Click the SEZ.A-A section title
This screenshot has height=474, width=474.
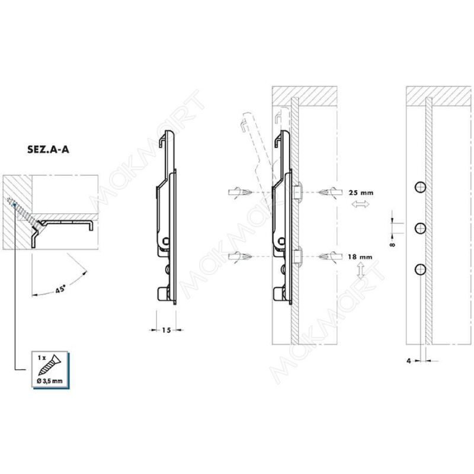tap(48, 149)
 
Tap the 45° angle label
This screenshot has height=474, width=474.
tap(60, 289)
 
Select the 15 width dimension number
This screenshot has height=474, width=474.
tap(166, 330)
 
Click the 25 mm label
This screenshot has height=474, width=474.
tap(361, 193)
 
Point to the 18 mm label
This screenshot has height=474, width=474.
tap(360, 257)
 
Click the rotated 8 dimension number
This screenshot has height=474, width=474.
tap(392, 244)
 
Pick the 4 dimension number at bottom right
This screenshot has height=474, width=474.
tap(409, 361)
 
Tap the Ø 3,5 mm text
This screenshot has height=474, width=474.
tap(50, 381)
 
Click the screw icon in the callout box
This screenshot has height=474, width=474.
tap(50, 365)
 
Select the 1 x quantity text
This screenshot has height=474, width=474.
tap(41, 358)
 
